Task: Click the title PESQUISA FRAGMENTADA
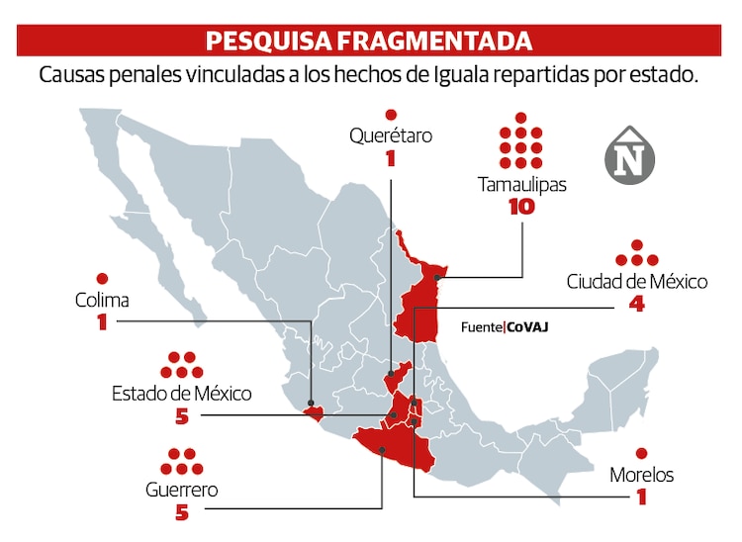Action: click(x=368, y=41)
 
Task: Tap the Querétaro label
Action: click(x=391, y=135)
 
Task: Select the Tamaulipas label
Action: click(x=521, y=184)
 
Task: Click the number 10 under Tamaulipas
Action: click(x=520, y=208)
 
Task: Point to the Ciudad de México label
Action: click(x=637, y=282)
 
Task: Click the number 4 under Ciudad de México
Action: click(x=637, y=306)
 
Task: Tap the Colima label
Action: click(x=102, y=300)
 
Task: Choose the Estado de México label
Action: click(x=181, y=394)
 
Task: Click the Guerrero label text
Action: click(x=181, y=490)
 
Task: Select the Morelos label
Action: click(x=641, y=475)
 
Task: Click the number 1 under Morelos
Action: click(x=641, y=497)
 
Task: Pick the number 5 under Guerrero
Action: click(x=181, y=512)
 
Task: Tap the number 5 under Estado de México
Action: click(x=181, y=416)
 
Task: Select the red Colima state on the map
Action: click(x=314, y=412)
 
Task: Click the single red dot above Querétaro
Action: click(x=391, y=114)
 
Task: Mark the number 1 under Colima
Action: click(x=102, y=322)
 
